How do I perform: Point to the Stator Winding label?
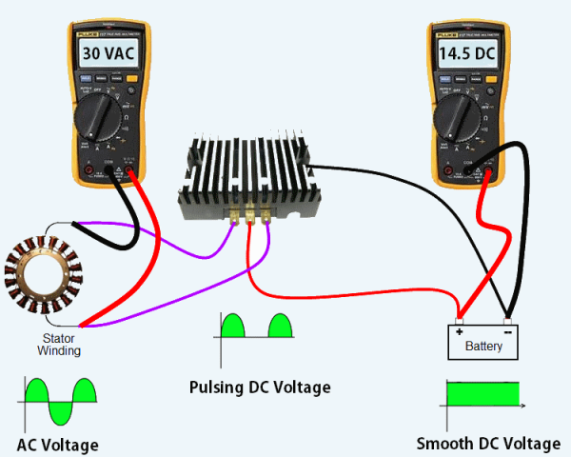pyautogui.click(x=59, y=344)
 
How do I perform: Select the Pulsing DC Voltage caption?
pyautogui.click(x=260, y=387)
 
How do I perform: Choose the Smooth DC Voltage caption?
pyautogui.click(x=488, y=444)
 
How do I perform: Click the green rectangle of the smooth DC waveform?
pyautogui.click(x=484, y=392)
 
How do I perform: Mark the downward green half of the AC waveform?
pyautogui.click(x=61, y=412)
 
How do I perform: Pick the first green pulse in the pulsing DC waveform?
pyautogui.click(x=233, y=326)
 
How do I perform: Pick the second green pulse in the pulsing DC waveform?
pyautogui.click(x=281, y=326)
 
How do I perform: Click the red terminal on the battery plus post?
pyautogui.click(x=461, y=315)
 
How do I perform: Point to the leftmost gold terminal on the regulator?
pyautogui.click(x=234, y=218)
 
